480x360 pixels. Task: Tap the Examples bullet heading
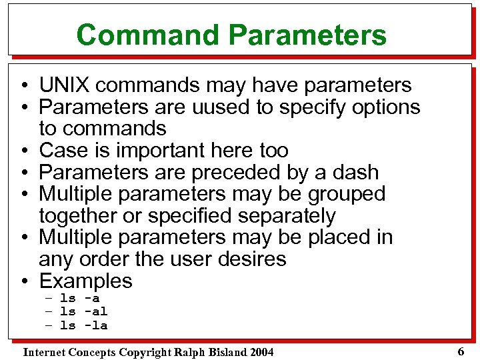click(x=85, y=281)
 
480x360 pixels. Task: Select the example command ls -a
click(x=79, y=299)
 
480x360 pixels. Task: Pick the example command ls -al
click(x=83, y=312)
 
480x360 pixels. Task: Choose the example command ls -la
click(x=83, y=325)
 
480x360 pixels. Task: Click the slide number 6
click(x=461, y=351)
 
